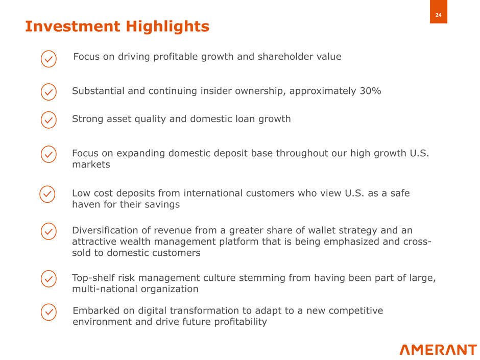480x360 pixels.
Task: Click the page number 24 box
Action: click(x=438, y=12)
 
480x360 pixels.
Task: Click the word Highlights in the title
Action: click(x=167, y=27)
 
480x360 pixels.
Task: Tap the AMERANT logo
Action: click(x=438, y=350)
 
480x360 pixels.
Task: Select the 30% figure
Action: click(x=370, y=91)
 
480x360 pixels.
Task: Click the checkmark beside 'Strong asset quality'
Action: click(x=49, y=119)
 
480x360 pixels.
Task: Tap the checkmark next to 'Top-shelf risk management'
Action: click(x=49, y=279)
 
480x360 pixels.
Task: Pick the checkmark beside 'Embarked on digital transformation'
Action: click(x=49, y=312)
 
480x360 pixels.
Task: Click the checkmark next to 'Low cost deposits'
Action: click(x=47, y=194)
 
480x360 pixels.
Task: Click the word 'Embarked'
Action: click(x=96, y=310)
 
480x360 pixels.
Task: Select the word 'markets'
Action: click(x=91, y=164)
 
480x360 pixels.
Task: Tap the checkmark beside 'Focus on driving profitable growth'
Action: click(x=49, y=59)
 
